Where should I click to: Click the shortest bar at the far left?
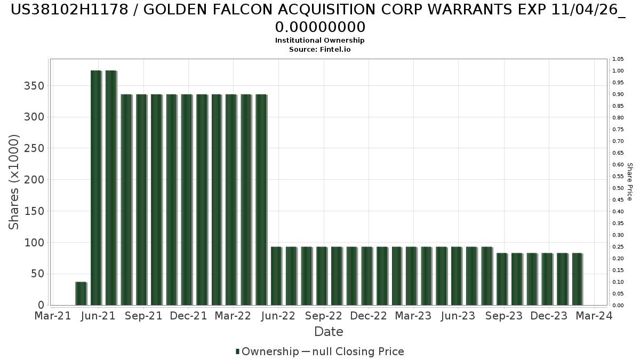(x=81, y=293)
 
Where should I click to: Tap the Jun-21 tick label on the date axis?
(x=99, y=316)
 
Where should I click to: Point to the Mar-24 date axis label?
(x=595, y=316)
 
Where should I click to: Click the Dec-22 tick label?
(x=369, y=316)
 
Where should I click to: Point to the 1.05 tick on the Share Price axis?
(x=618, y=59)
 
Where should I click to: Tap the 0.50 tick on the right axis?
(x=618, y=188)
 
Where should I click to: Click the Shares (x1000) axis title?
(x=14, y=182)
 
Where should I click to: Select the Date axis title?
(x=329, y=332)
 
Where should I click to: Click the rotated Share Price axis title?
(x=630, y=182)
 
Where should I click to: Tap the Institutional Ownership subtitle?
(x=320, y=41)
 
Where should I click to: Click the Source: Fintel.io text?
(x=320, y=50)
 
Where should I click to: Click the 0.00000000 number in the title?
(x=320, y=27)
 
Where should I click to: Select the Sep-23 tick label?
(x=504, y=316)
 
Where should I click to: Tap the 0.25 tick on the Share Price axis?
(x=618, y=247)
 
